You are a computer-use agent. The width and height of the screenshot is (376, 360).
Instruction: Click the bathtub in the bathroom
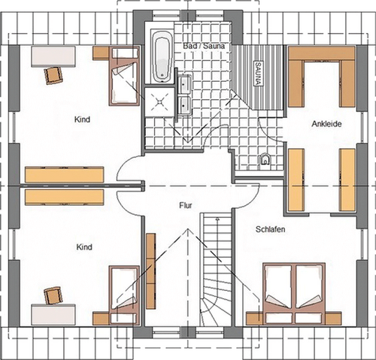(x=162, y=56)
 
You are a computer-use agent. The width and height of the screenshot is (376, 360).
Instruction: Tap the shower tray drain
(x=160, y=101)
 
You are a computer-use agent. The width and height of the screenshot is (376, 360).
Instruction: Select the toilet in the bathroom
(x=265, y=159)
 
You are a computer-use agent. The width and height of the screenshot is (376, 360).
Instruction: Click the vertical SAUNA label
(x=258, y=73)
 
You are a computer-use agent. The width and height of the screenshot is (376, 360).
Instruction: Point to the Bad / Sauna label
(x=203, y=46)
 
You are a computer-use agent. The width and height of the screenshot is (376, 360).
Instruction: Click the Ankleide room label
(x=326, y=124)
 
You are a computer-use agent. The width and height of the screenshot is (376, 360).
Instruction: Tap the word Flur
(x=186, y=205)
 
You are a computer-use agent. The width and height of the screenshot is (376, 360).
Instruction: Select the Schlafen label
(x=270, y=229)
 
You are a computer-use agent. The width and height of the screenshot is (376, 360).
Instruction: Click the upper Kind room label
(x=82, y=119)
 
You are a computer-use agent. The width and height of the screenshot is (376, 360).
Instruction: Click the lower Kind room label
(x=84, y=247)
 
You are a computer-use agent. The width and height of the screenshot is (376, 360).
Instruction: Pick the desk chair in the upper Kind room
(x=53, y=75)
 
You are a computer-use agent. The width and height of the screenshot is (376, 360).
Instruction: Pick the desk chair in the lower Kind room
(x=53, y=295)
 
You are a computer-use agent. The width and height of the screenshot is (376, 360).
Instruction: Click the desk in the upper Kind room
(x=53, y=56)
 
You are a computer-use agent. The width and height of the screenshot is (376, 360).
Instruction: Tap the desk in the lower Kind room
(x=53, y=315)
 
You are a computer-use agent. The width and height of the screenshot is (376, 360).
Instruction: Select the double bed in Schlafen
(x=294, y=294)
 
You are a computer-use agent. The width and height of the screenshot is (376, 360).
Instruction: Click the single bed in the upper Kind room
(x=124, y=76)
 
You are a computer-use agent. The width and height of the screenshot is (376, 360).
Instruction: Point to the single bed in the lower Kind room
(x=124, y=295)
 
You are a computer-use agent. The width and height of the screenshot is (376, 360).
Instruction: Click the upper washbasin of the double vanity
(x=184, y=84)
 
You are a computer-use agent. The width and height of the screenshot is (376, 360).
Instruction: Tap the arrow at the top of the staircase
(x=217, y=219)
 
